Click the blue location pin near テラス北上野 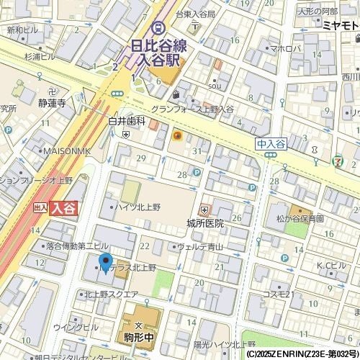(x=105, y=264)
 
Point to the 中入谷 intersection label (x=271, y=143)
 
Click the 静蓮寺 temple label (x=52, y=103)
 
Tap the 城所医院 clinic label (x=205, y=222)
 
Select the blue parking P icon (x=196, y=173)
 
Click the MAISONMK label (x=66, y=150)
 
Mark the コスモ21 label (x=276, y=294)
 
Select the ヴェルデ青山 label (x=200, y=246)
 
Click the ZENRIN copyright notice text (x=302, y=354)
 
